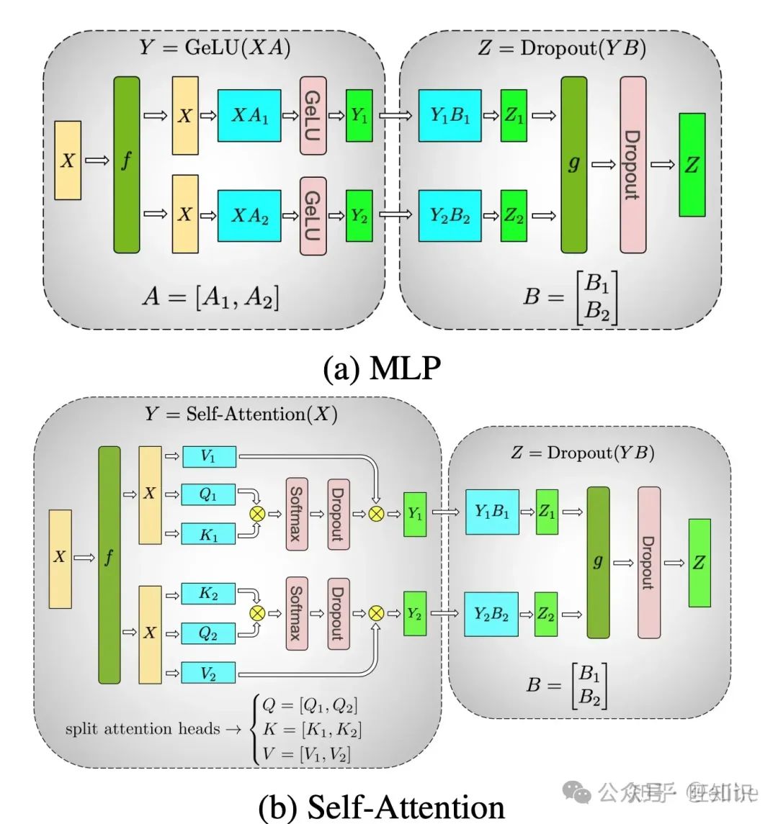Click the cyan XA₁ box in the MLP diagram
click(x=249, y=116)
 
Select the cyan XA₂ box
click(x=249, y=215)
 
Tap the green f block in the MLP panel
click(x=126, y=164)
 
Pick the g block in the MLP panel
click(x=573, y=164)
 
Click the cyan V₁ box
click(x=208, y=456)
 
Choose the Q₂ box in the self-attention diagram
click(x=208, y=633)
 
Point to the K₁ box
click(x=208, y=534)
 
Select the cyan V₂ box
click(x=208, y=674)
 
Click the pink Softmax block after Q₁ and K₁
click(x=296, y=513)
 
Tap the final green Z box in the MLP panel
click(x=692, y=165)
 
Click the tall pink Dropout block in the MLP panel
click(x=632, y=165)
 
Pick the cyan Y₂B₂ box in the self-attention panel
click(x=491, y=614)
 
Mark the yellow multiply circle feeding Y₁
click(x=376, y=513)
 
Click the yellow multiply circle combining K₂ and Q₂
click(x=256, y=613)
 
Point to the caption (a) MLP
click(x=382, y=368)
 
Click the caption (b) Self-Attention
click(x=382, y=806)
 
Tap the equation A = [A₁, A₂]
click(x=210, y=296)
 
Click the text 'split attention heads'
click(x=142, y=729)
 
